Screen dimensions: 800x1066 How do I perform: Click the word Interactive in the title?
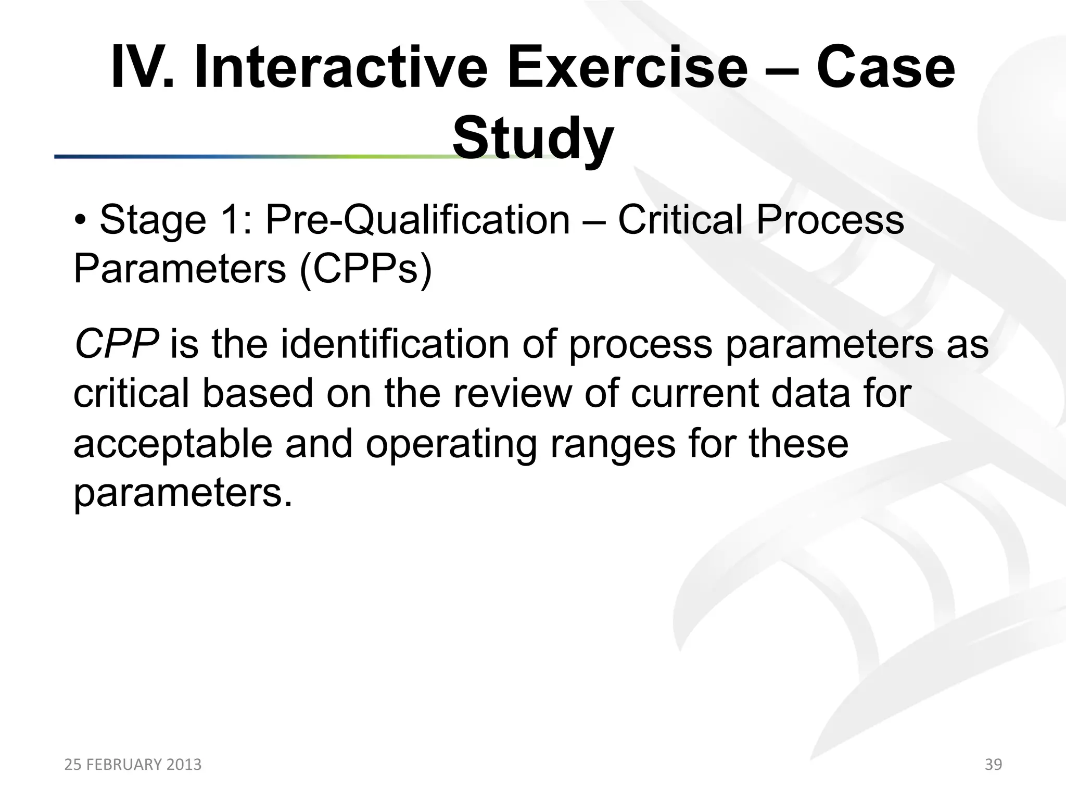[341, 68]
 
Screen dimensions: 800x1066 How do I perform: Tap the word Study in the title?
[532, 139]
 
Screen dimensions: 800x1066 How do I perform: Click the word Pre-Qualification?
[417, 220]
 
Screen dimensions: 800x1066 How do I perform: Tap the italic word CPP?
[116, 344]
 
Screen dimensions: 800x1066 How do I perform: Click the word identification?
[395, 344]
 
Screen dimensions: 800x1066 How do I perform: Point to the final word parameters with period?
[183, 493]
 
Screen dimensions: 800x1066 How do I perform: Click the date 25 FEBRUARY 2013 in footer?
[133, 765]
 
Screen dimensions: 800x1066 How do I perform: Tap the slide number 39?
[993, 765]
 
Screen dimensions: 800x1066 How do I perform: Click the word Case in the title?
[885, 68]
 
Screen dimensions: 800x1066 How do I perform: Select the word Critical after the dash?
[681, 220]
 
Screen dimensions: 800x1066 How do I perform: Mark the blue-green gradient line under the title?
[250, 156]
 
